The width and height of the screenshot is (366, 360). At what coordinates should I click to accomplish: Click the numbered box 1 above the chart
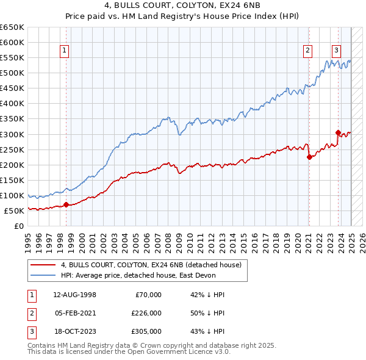point(65,51)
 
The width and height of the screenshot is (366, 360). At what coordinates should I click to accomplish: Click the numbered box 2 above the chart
point(308,51)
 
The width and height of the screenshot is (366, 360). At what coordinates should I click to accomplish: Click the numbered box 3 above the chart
point(337,51)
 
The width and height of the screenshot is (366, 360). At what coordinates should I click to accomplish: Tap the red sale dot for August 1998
point(66,204)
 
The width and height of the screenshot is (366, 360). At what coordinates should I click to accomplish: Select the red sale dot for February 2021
point(309,157)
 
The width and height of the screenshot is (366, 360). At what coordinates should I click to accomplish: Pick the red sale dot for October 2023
point(338,132)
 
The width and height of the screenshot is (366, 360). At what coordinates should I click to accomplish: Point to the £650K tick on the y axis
point(12,27)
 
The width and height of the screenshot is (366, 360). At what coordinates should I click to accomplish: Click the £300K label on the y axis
point(12,134)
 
